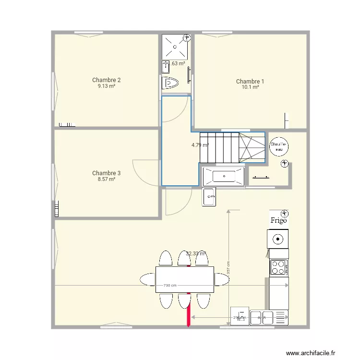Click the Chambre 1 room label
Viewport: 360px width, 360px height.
click(x=250, y=82)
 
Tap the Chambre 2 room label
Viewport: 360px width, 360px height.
click(x=106, y=80)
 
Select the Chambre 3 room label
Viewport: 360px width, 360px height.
click(x=106, y=173)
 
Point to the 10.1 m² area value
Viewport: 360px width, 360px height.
click(x=250, y=87)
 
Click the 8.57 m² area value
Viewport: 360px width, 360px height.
click(x=106, y=179)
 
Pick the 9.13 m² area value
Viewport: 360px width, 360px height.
click(x=106, y=86)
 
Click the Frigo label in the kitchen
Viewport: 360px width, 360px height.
click(x=278, y=221)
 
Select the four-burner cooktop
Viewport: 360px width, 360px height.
click(x=278, y=267)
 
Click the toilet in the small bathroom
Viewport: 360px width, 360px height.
click(x=170, y=84)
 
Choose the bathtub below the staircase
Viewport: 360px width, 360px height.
click(x=223, y=177)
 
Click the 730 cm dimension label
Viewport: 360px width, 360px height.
click(x=170, y=285)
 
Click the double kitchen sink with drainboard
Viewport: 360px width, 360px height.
click(x=268, y=317)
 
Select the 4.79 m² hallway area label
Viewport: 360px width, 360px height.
click(x=200, y=145)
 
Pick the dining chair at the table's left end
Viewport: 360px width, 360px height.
click(x=147, y=279)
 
